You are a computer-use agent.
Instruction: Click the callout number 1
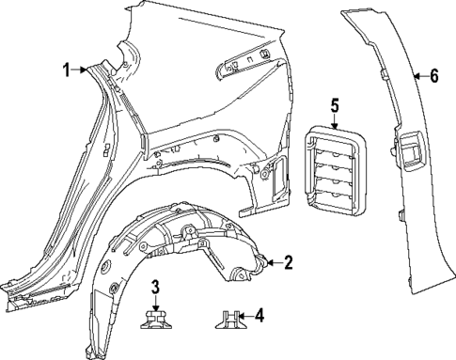[67, 69]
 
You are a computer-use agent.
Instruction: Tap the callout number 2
[288, 262]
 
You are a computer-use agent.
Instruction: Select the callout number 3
[158, 285]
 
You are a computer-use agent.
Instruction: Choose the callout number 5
[334, 105]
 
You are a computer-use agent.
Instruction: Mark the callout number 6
[433, 75]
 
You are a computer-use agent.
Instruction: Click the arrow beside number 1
[82, 69]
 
